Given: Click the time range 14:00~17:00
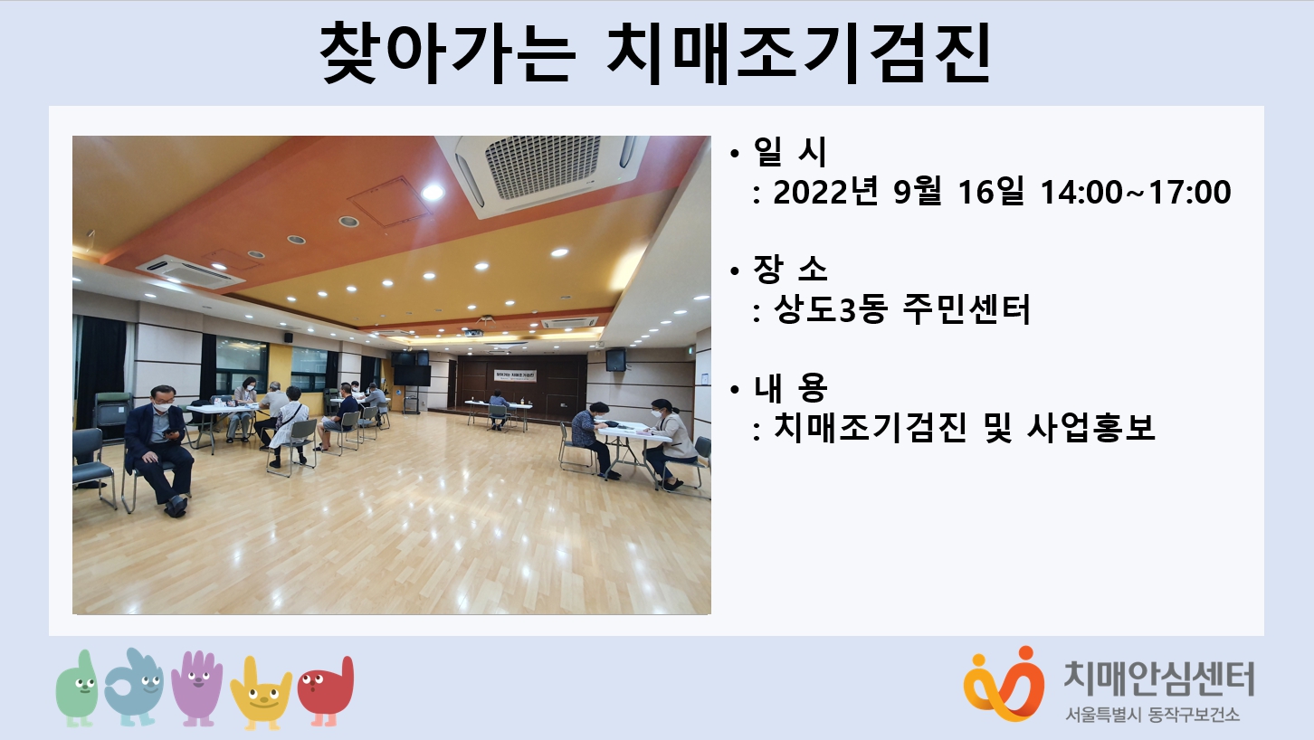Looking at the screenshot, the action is point(1136,193).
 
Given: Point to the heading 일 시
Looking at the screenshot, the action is point(789,151).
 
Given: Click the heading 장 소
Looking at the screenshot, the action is point(789,269).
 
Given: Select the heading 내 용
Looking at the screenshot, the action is point(789,387).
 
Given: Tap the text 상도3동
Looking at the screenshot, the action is point(830,309).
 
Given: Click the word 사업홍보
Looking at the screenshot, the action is point(1091,427).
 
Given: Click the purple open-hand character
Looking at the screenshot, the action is point(197,688).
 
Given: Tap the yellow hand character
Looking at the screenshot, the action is point(261,693).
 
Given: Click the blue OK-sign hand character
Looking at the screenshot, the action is point(134,687).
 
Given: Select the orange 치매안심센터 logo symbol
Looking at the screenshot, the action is point(1004,684).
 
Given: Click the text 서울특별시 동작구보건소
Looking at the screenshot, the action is point(1153,714).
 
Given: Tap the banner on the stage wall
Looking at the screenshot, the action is point(516,375).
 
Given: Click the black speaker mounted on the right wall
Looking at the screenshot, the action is point(615,359).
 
